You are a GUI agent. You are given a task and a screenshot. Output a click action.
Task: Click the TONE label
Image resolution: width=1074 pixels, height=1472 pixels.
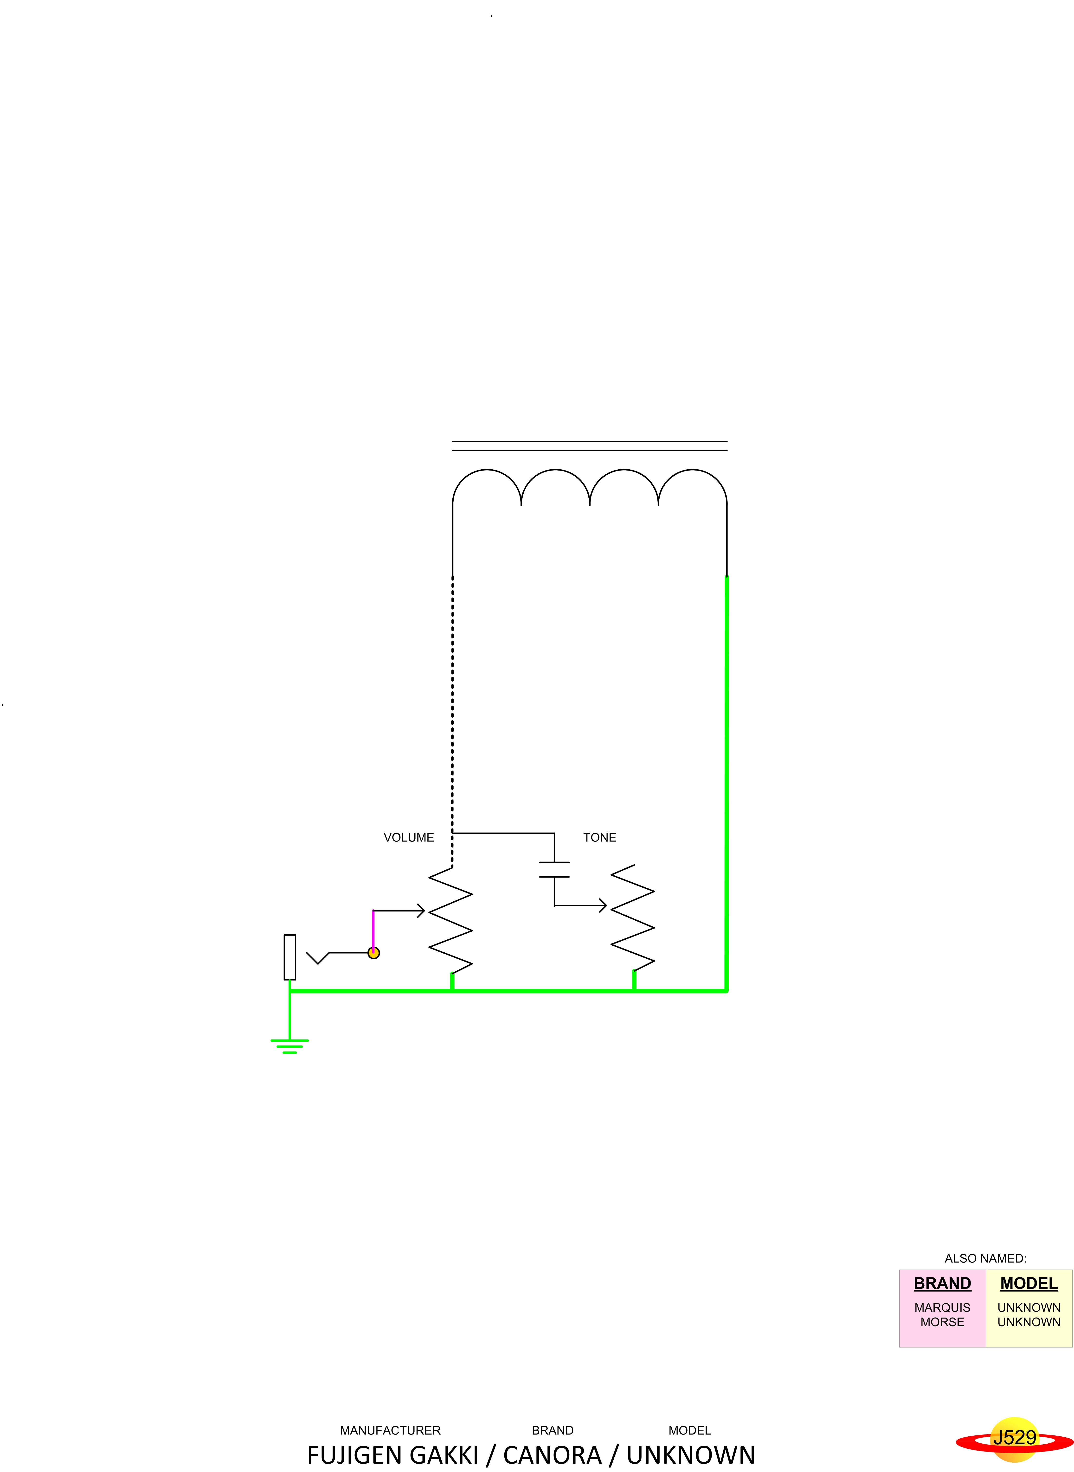pos(599,838)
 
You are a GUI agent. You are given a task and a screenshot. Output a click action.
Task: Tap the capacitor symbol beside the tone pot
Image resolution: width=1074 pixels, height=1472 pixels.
pos(554,870)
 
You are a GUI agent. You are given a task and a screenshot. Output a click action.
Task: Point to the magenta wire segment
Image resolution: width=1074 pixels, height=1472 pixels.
pos(373,929)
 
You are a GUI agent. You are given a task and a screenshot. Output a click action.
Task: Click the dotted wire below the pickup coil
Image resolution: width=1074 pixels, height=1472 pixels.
pos(452,702)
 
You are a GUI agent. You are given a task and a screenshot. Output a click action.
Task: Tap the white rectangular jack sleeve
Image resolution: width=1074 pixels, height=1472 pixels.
pos(290,957)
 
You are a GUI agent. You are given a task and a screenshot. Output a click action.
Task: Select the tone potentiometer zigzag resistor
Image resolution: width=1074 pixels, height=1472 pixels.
pos(633,918)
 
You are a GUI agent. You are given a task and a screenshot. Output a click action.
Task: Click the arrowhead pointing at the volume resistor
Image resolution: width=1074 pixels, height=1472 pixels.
pos(421,911)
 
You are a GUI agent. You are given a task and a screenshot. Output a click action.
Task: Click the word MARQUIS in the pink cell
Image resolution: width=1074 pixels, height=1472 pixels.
pos(942,1308)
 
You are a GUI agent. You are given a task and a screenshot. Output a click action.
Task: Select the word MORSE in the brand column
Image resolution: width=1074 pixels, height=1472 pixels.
pos(942,1322)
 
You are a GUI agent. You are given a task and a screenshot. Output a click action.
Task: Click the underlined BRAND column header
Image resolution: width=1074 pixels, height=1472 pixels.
pos(942,1284)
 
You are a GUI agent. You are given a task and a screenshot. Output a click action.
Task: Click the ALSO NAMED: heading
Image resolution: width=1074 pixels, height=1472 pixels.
pos(985,1258)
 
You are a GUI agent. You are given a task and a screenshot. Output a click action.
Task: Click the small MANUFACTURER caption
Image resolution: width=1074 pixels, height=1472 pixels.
pos(390,1430)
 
